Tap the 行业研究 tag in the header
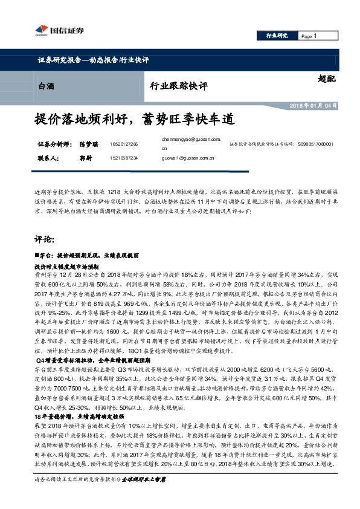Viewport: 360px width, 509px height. (277, 36)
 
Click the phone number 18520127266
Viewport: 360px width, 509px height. (124, 145)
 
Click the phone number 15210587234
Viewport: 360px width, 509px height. (124, 158)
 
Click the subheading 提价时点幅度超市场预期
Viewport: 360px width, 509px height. (66, 265)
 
